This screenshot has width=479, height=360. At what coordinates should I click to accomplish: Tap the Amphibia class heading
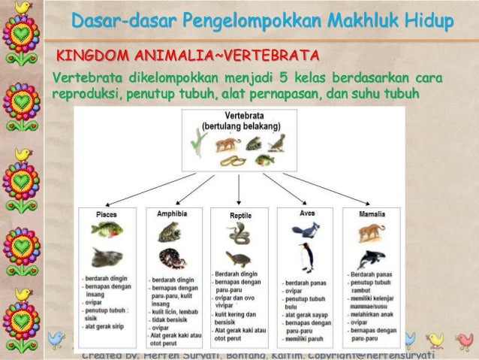[x=172, y=214]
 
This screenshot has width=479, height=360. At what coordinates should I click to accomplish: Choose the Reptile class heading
[x=239, y=216]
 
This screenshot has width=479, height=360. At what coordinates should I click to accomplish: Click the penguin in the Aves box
[x=306, y=259]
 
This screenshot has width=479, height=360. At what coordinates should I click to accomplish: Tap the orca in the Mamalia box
[x=372, y=259]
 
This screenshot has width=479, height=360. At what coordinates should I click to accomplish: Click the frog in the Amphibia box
[x=170, y=231]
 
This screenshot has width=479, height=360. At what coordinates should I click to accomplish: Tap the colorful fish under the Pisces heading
[x=107, y=228]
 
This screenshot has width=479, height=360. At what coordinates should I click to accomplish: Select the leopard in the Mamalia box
[x=372, y=232]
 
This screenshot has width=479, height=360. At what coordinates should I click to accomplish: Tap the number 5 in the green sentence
[x=280, y=77]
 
